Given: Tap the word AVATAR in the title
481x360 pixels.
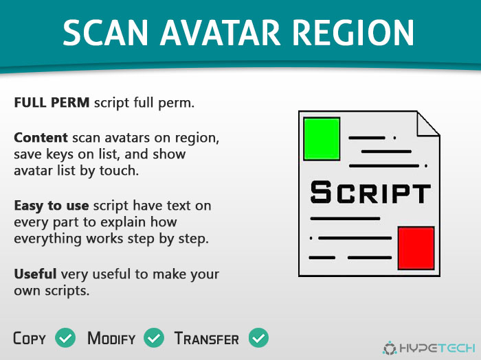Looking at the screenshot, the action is tap(221, 33).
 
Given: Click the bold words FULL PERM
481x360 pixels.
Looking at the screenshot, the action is tap(52, 103).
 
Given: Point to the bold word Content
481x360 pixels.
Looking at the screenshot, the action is tap(41, 138).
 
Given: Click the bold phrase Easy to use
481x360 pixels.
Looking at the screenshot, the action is tap(52, 206).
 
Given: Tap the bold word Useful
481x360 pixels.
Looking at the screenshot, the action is tap(35, 274).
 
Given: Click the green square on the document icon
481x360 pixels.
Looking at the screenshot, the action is tap(322, 139).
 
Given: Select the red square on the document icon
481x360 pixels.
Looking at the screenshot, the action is tap(416, 248).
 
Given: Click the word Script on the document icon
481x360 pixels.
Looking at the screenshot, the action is tap(370, 193).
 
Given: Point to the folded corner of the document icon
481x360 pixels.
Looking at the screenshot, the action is tap(428, 123).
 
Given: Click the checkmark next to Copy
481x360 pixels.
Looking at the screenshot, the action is tap(65, 337).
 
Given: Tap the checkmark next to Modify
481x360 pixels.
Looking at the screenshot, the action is tap(154, 337).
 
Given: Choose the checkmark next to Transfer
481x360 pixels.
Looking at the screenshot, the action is tap(258, 337).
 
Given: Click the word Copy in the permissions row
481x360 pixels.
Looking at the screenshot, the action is tap(30, 338).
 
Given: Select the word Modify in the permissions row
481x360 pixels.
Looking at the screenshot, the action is tap(111, 338).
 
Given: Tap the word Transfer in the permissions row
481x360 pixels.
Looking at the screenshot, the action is tap(206, 338).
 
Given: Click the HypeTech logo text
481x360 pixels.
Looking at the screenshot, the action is tap(438, 348).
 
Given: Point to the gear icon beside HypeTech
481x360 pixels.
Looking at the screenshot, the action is tap(390, 348).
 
